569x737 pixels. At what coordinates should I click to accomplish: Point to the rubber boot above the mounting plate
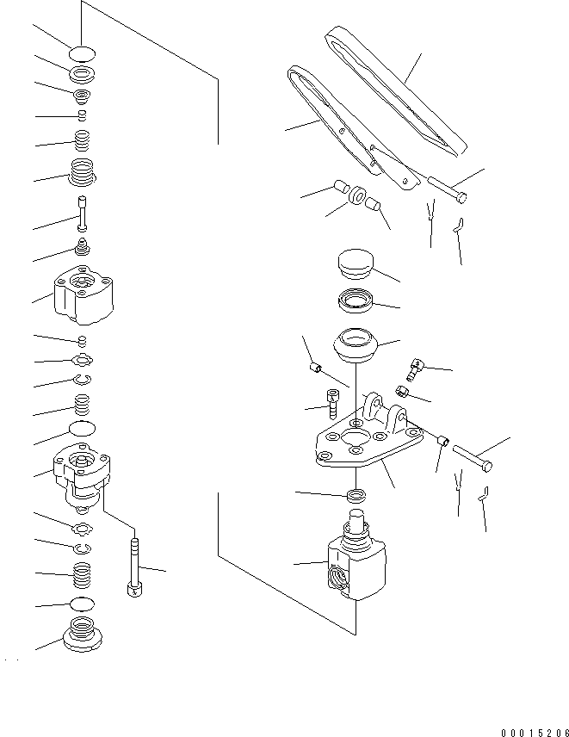pyautogui.click(x=356, y=346)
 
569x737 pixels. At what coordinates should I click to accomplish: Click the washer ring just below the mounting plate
pyautogui.click(x=357, y=496)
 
